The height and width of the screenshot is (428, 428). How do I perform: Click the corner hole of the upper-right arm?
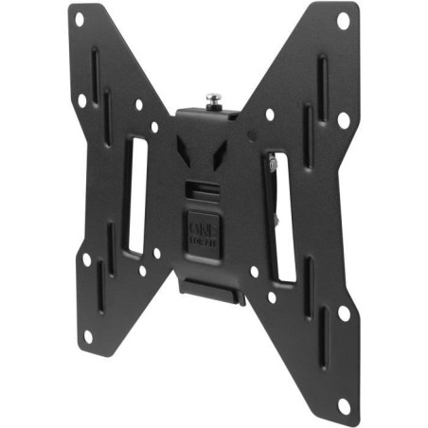tap(343, 19)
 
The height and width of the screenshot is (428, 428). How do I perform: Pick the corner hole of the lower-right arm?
tap(343, 405)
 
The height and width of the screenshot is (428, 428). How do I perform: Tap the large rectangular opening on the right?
tap(281, 216)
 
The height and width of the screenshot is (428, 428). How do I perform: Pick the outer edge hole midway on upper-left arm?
tap(82, 98)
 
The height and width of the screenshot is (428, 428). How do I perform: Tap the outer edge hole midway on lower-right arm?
tap(344, 312)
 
